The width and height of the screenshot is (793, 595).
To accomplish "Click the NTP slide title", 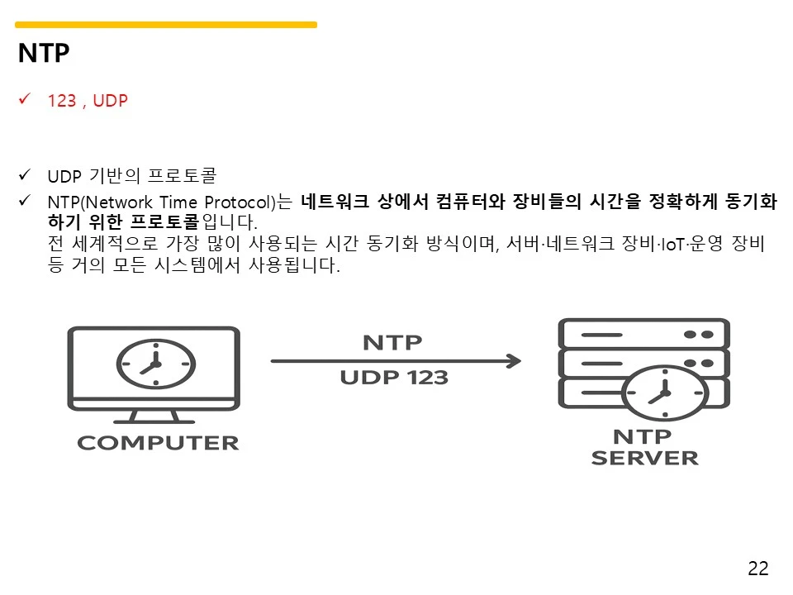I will click(44, 55).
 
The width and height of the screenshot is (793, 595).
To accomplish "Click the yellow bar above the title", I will click(165, 25).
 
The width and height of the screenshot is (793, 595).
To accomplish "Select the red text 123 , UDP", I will click(88, 101).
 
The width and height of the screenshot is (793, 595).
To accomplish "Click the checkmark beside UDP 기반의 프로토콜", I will click(24, 175).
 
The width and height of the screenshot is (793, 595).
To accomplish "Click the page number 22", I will click(757, 569).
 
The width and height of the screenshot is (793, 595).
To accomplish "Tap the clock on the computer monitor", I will click(154, 363).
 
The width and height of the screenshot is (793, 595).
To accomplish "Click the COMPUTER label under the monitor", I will click(158, 443).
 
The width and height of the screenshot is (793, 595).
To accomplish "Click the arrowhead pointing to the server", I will click(514, 361).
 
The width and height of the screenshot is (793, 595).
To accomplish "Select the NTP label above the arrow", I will click(392, 342).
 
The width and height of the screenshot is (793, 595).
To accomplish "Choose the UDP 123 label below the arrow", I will click(394, 378).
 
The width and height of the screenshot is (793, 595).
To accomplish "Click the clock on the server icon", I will click(661, 395).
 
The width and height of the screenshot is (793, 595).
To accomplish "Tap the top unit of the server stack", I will click(643, 333).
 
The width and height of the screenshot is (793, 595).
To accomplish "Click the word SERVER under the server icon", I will click(644, 457).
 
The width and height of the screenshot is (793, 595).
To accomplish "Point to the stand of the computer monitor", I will click(154, 414).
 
